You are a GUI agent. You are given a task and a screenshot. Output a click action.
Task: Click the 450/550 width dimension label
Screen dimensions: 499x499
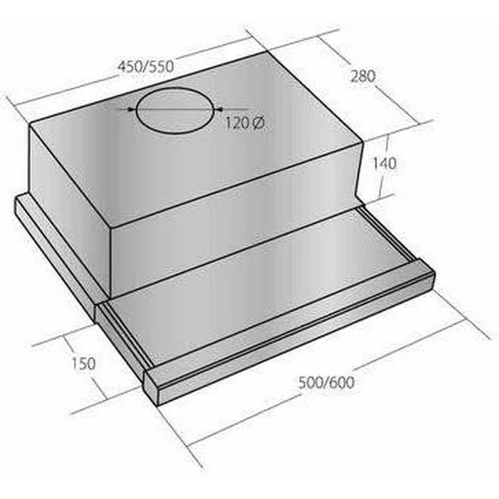tap(145, 67)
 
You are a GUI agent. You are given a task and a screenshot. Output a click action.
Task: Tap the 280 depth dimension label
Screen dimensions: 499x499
tap(363, 77)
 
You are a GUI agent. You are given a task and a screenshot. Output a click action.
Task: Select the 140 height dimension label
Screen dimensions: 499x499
tap(384, 163)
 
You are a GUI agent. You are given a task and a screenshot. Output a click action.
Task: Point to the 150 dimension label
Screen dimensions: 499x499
tap(83, 363)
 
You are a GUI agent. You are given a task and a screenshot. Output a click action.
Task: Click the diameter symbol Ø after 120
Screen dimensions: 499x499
tap(258, 124)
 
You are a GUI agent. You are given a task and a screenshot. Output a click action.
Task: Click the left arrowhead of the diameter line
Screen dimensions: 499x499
tap(131, 109)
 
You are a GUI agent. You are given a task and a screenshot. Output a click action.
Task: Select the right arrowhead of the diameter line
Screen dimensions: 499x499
tap(219, 109)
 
